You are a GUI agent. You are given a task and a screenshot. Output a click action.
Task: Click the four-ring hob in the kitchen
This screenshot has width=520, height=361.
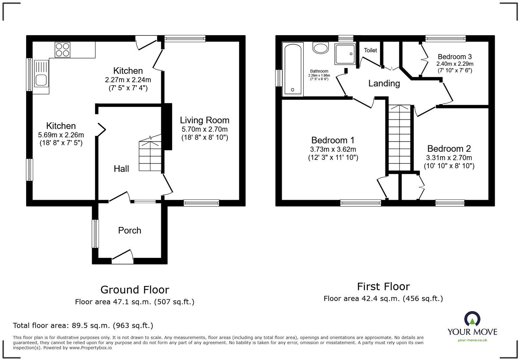tap(63, 50)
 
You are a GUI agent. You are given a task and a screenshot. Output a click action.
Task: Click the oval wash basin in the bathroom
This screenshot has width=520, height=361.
tap(320, 48)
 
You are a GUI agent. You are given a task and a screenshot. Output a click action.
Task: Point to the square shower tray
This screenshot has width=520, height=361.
tap(345, 54)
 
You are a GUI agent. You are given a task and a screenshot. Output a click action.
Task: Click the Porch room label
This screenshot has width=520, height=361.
tap(130, 231)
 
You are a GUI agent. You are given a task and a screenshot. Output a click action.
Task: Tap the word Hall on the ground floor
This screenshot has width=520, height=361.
tap(121, 169)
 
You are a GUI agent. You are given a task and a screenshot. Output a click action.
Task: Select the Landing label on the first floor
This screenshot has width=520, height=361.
tap(384, 83)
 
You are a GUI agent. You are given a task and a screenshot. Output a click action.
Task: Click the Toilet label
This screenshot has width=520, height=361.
tap(370, 50)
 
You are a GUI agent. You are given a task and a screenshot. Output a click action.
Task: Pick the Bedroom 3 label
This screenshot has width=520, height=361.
tap(455, 57)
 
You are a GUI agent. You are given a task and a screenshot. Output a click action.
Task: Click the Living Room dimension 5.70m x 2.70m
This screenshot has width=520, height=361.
tap(205, 129)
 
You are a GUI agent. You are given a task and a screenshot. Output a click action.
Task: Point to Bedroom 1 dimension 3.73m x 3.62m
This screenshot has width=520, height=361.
tap(333, 149)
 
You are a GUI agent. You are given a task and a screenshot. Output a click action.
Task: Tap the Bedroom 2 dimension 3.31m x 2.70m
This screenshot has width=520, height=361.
tap(449, 158)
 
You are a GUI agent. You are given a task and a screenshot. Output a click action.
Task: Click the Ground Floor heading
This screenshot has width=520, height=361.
tap(135, 290)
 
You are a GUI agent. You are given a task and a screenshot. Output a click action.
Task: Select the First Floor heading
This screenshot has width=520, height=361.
tap(383, 286)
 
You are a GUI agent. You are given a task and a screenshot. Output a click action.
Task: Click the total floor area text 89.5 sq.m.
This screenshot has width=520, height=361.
tap(83, 325)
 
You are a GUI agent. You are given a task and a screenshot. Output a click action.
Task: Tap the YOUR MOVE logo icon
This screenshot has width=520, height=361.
tap(472, 319)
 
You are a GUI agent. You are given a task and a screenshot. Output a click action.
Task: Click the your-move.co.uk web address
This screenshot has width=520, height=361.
tap(472, 340)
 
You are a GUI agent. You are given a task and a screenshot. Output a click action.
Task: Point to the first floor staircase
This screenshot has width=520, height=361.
tap(399, 138)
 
